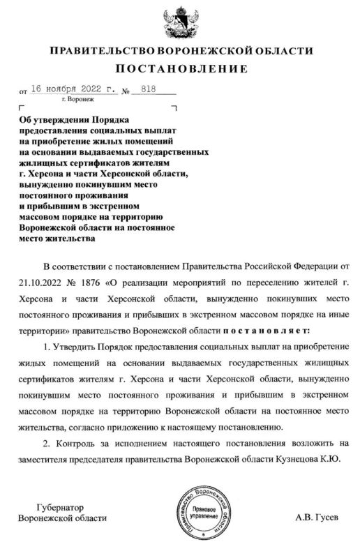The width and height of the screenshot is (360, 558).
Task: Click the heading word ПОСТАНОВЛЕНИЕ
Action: coord(180,68)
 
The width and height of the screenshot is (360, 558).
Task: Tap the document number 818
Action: coord(148,91)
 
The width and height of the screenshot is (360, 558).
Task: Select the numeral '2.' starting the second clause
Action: coord(47,442)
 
